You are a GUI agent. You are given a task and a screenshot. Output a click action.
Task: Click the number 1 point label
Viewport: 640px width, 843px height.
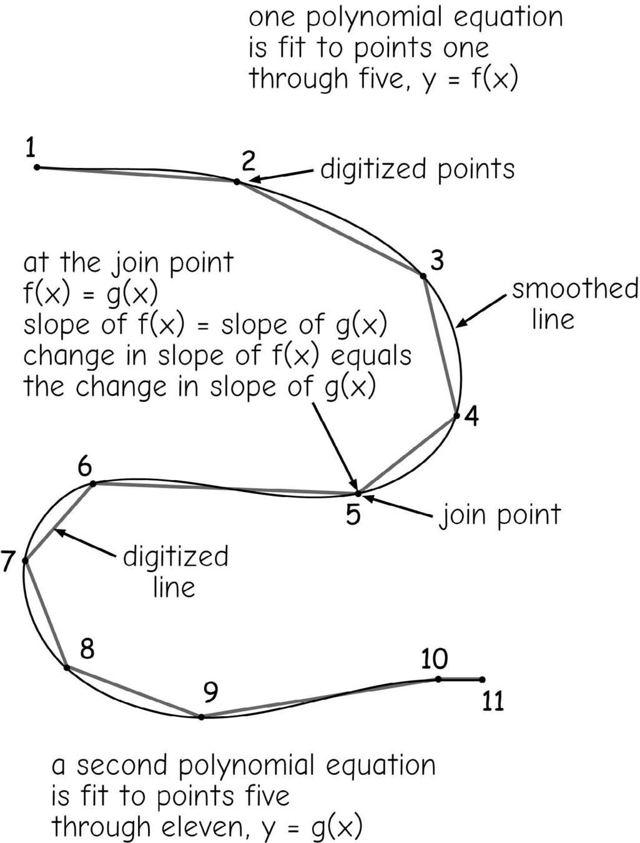tap(30, 149)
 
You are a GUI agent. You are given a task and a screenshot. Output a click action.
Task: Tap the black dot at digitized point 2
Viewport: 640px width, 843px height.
tap(237, 182)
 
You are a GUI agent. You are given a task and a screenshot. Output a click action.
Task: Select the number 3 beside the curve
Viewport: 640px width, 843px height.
tap(437, 260)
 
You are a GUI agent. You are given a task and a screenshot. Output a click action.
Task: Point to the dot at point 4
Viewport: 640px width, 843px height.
tap(456, 416)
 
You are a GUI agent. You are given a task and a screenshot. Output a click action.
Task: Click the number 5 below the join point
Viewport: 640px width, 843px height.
tap(353, 515)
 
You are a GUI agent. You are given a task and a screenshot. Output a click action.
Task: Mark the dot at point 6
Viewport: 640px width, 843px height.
tap(93, 483)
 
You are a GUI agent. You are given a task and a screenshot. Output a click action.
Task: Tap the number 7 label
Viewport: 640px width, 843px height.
tap(7, 561)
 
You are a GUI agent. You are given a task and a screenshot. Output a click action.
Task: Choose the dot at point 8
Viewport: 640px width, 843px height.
tap(67, 668)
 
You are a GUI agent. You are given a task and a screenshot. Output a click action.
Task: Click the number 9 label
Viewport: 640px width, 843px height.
tap(211, 692)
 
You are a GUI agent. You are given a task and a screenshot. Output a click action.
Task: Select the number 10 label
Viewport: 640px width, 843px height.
tap(435, 659)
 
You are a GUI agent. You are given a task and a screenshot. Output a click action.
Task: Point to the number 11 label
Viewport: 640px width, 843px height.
tap(493, 702)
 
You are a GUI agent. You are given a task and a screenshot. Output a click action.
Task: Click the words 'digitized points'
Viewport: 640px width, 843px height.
tap(417, 169)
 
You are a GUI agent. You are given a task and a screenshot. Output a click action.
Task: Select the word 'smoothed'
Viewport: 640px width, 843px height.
tap(574, 289)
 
